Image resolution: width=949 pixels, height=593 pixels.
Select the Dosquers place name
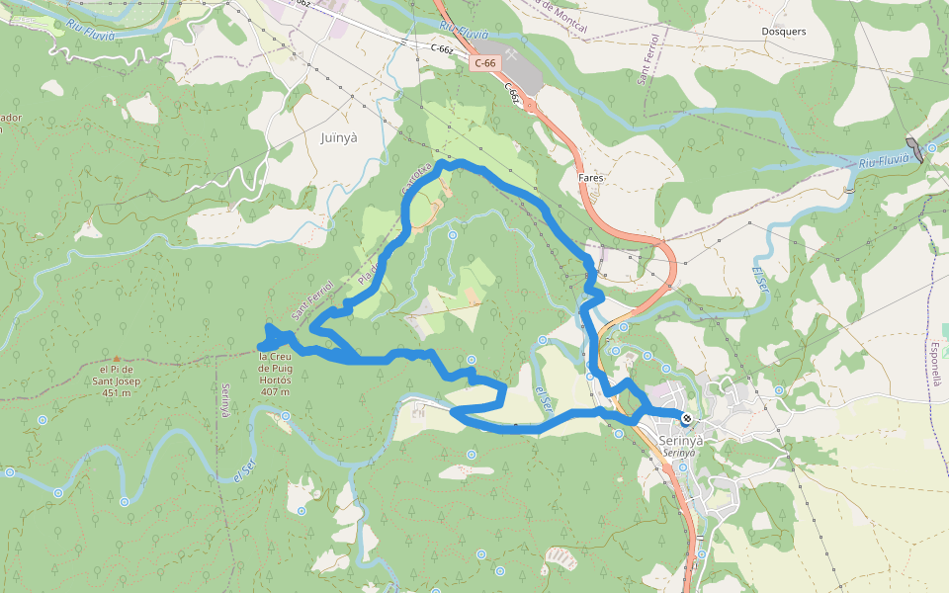[x=784, y=31]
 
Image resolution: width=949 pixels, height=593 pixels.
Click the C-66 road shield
[x=484, y=63]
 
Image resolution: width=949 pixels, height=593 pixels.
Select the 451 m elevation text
[x=116, y=393]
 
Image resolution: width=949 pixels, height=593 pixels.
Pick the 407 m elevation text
[x=274, y=392]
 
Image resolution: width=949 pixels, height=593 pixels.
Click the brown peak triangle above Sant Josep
[x=116, y=359]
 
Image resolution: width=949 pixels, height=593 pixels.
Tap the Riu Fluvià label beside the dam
[x=883, y=161]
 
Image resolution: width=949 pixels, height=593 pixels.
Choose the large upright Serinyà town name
[x=681, y=440]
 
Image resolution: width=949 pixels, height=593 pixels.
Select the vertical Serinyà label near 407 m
[x=225, y=400]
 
